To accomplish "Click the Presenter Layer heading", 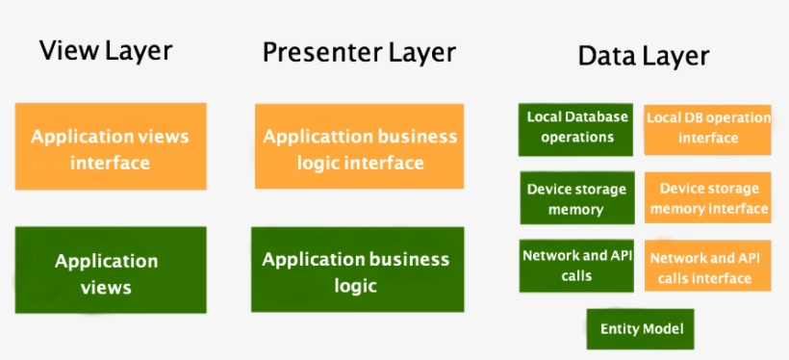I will [359, 53].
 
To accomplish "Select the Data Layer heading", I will [643, 56].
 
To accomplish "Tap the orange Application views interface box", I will [110, 149].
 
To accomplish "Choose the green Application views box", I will [110, 273].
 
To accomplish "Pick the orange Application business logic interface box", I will [359, 149].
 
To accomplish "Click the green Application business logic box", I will [356, 272].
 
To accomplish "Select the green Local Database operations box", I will [576, 128].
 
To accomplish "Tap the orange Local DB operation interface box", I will [707, 128].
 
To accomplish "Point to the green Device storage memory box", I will [576, 199].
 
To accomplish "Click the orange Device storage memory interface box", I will [707, 199].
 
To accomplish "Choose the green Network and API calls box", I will [576, 266].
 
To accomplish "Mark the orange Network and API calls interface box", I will [707, 267].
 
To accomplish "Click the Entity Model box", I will [641, 329].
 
